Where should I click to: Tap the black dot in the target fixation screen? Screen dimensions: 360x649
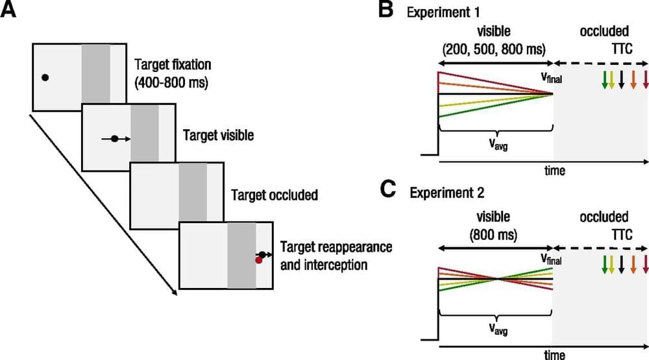pos(44,77)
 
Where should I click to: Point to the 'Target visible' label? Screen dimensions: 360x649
pos(218,137)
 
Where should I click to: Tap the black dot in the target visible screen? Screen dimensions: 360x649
pos(114,138)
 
